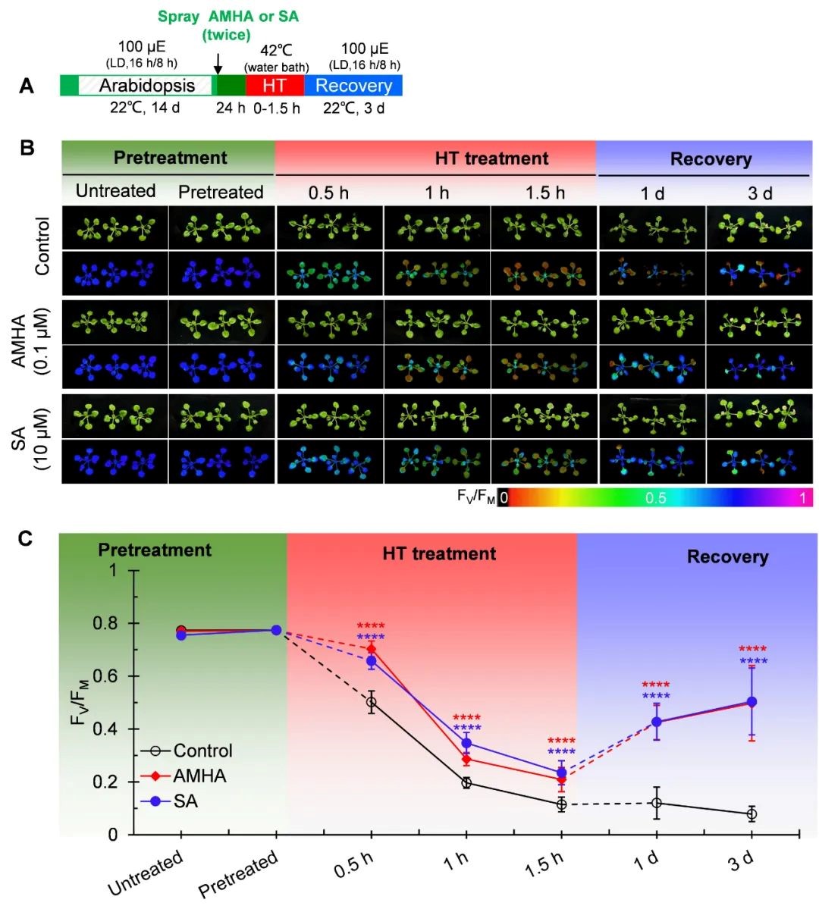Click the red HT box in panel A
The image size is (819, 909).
[275, 86]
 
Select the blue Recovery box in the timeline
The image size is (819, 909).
[353, 86]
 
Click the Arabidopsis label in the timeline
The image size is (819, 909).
[147, 86]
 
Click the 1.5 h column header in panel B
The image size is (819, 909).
[545, 193]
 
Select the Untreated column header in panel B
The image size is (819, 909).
[115, 191]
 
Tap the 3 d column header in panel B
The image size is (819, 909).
[760, 193]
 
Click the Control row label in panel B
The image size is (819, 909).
[42, 246]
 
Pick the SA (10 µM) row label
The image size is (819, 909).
[29, 438]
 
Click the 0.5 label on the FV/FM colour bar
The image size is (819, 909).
[656, 498]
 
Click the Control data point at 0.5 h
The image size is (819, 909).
[372, 702]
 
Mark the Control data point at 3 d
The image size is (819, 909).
[752, 814]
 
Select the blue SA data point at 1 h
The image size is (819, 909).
[466, 743]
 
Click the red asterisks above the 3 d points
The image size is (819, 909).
[753, 649]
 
